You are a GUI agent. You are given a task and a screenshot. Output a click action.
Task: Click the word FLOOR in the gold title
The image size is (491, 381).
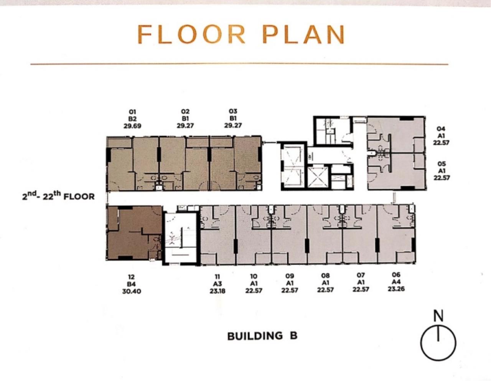tap(191, 35)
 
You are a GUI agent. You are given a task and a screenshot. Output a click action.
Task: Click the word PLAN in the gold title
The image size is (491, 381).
tap(303, 35)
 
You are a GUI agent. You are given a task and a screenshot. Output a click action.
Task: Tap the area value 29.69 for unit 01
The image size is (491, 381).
tap(132, 126)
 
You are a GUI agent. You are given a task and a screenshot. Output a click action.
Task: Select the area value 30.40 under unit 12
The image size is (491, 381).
tap(132, 292)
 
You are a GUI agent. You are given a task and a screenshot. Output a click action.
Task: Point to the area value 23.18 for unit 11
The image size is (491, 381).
tap(217, 291)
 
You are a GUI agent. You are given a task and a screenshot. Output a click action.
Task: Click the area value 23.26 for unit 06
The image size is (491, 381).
tap(396, 289)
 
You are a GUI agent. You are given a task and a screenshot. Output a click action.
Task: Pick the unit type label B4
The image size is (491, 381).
tap(131, 284)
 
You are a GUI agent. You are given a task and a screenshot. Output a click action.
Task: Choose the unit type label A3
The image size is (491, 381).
tap(217, 284)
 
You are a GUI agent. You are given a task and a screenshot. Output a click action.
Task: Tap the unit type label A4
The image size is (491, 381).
tap(396, 282)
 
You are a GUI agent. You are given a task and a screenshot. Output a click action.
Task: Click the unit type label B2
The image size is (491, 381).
tap(132, 119)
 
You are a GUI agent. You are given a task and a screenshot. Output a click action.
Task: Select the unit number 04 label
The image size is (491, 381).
tap(441, 129)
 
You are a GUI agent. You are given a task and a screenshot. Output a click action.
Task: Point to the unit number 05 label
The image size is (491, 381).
tap(441, 164)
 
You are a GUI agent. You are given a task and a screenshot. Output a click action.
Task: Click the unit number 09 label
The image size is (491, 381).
tap(290, 276)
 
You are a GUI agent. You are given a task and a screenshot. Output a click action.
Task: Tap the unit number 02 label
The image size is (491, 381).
tap(185, 111)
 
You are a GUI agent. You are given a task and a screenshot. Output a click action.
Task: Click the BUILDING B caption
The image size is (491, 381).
tap(262, 336)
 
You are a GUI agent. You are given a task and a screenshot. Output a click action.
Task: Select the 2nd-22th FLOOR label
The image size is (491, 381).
tap(58, 196)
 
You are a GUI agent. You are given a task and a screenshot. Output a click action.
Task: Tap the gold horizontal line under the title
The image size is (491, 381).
tap(239, 64)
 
